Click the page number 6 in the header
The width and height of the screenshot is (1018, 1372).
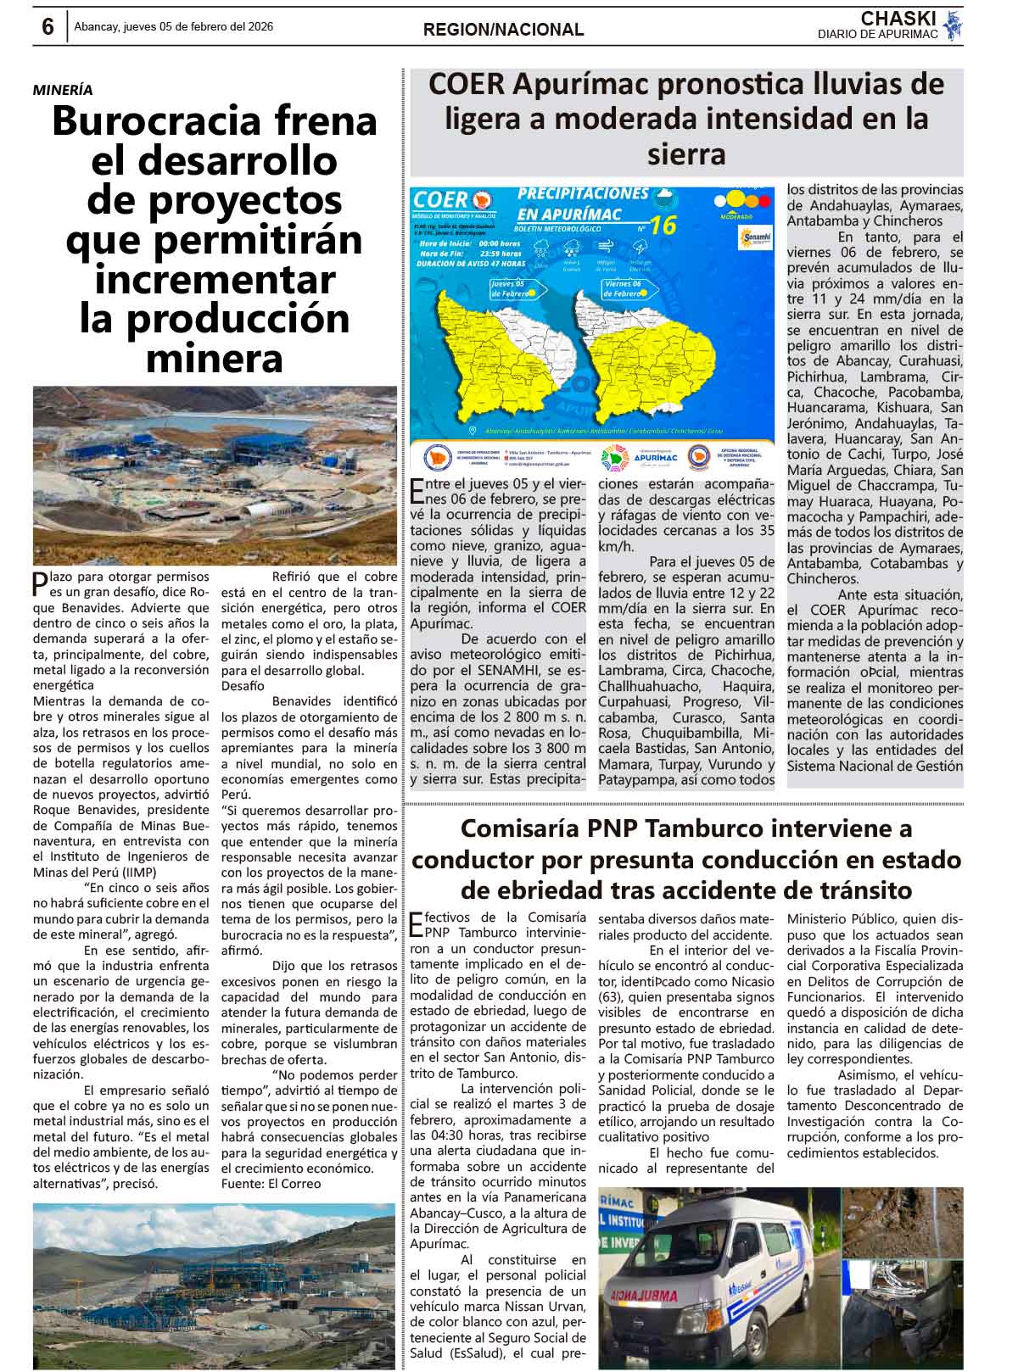coord(48,27)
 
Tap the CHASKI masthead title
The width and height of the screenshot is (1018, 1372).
coord(898,19)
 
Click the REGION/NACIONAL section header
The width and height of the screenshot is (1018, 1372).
coord(504,30)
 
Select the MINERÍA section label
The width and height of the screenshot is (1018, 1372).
coord(64,90)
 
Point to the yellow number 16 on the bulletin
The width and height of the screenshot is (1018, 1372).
coord(664,226)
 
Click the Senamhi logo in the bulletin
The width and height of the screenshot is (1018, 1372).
coord(754,237)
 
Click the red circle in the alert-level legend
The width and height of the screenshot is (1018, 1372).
coord(762,201)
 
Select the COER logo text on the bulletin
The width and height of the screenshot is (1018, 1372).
coord(441,200)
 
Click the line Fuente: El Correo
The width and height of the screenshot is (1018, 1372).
coord(271,1184)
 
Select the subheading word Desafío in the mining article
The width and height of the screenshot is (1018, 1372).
coord(243,686)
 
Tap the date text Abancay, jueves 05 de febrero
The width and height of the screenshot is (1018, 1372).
coord(173,27)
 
